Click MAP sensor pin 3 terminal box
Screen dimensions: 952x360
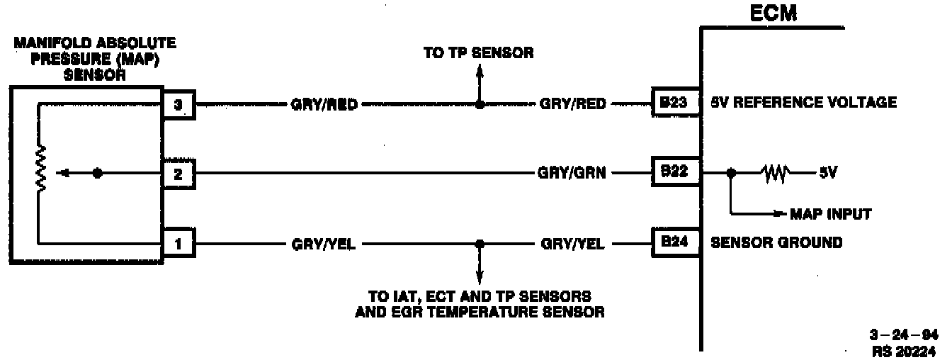[178, 104]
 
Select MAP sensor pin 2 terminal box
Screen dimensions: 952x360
[178, 174]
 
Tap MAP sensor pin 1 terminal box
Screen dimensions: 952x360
[178, 244]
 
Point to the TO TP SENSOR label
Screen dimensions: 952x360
[478, 53]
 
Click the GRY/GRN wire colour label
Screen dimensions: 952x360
[573, 174]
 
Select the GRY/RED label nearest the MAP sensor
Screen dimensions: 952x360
[324, 104]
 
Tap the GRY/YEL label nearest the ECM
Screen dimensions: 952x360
[573, 244]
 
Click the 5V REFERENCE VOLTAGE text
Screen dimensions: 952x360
[803, 103]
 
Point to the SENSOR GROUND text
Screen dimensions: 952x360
[776, 243]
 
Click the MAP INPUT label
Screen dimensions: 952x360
[831, 213]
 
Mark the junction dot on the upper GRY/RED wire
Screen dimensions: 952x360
[480, 104]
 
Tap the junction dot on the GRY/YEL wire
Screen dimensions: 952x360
[480, 244]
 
